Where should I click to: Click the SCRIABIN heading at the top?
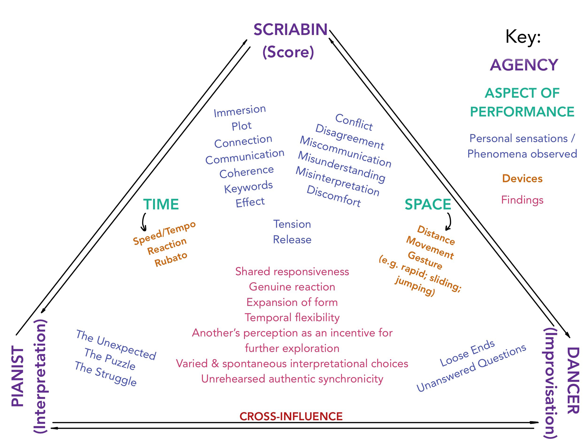point(290,30)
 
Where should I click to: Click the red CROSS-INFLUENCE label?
point(291,416)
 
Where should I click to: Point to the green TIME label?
point(161,204)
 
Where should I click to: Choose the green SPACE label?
point(428,204)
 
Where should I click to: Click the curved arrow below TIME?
point(143,222)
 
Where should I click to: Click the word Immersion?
point(240,111)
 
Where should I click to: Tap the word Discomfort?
point(334,196)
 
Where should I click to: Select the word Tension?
point(292,224)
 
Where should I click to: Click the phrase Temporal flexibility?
point(292,318)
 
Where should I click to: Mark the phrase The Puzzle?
point(110,359)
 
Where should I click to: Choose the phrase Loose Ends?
point(467,353)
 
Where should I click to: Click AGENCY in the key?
point(524,65)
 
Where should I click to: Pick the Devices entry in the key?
point(522,178)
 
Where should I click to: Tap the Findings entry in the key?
point(522,200)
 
